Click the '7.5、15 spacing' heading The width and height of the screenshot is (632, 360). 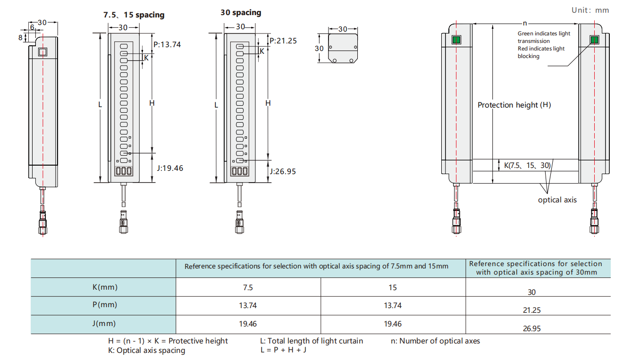coord(134,15)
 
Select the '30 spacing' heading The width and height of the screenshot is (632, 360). coord(241,13)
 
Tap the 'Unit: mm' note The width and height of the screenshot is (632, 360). coord(590,10)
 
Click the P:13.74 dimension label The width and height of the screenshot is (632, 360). coord(167,44)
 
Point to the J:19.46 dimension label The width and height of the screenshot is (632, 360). coord(170,168)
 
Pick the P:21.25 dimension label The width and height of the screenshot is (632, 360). coord(283,41)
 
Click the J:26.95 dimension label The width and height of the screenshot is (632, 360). coord(283,171)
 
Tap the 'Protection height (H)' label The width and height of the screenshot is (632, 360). coord(514,105)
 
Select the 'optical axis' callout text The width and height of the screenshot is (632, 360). coord(557,200)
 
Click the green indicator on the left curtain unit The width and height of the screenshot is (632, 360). coord(456,40)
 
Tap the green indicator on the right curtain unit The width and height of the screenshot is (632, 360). coord(594,40)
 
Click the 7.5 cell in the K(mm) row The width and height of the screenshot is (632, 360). coord(248,287)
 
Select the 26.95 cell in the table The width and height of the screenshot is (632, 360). coord(531,329)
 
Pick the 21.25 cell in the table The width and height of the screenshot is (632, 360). coord(531,310)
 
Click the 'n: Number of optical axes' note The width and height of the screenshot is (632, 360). coord(435,341)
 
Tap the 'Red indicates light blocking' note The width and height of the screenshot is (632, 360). coord(541,52)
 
